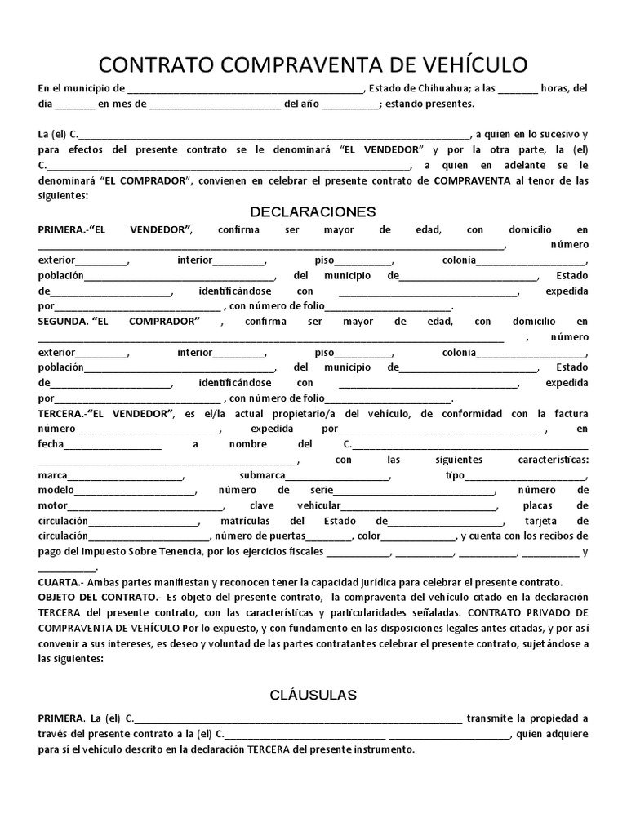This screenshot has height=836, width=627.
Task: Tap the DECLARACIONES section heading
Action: point(313,212)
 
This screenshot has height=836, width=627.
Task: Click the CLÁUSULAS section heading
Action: point(313,696)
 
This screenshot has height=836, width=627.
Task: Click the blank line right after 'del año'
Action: point(345,104)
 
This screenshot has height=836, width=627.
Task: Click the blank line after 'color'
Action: point(420,536)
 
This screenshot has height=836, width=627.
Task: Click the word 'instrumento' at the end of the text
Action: point(385,749)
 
